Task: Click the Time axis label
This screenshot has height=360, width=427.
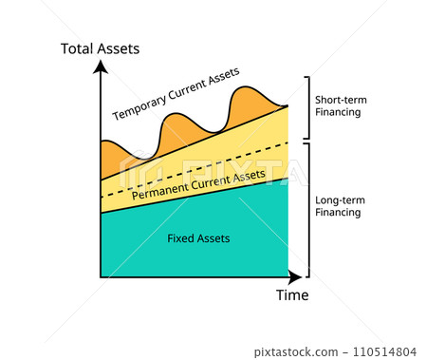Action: (x=292, y=294)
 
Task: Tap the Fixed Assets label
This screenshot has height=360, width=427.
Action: (x=198, y=237)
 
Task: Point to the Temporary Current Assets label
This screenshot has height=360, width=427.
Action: (x=176, y=94)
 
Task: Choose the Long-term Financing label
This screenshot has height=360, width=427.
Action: (x=338, y=206)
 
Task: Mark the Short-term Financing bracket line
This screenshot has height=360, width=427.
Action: (x=306, y=106)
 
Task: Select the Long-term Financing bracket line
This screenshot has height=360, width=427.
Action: (x=306, y=207)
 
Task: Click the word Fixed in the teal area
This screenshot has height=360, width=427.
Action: (x=179, y=237)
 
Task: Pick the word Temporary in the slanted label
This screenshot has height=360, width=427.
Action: (x=140, y=106)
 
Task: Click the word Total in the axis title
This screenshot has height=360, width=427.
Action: (x=78, y=48)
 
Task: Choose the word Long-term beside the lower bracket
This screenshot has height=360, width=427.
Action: (x=338, y=199)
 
